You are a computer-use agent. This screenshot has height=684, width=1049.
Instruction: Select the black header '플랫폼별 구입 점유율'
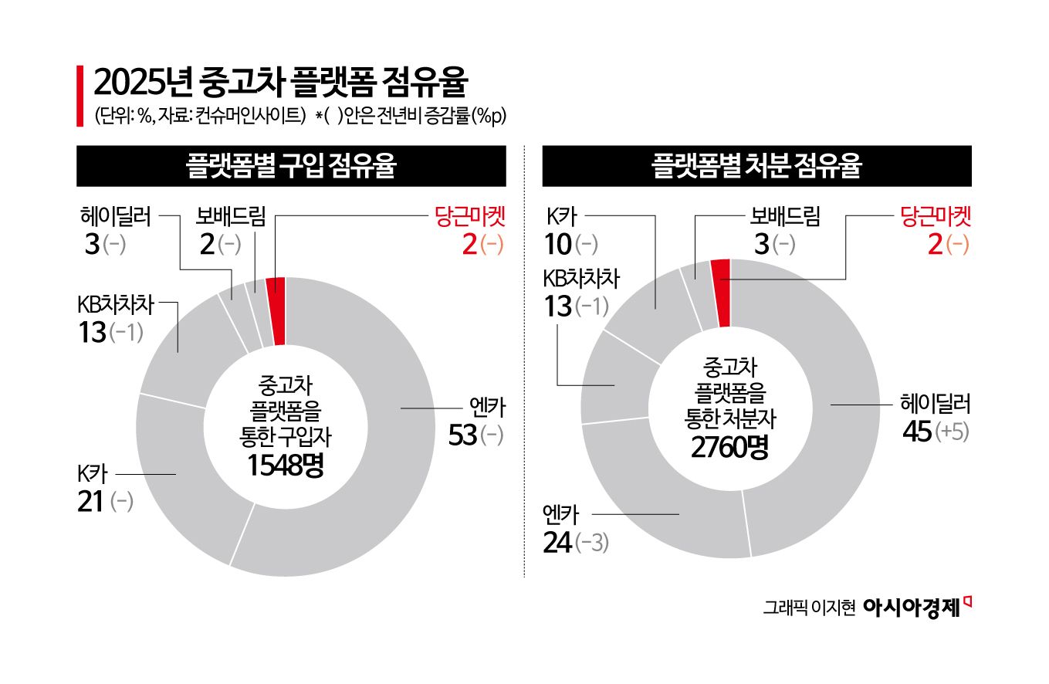coord(291,166)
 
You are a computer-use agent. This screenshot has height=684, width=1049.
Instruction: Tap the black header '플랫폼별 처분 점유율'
coord(756,166)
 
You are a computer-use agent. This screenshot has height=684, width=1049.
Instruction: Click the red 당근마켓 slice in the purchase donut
coord(276,310)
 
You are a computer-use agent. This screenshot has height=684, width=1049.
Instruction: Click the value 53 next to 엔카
coord(462,435)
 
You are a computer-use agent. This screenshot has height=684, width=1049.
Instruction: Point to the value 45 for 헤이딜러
coord(916,432)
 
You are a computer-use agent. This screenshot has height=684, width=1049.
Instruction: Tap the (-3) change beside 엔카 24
coord(592,543)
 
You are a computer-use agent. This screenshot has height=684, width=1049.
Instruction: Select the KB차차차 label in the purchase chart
coord(116,304)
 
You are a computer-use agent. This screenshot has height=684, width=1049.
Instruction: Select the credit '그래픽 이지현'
coord(810,608)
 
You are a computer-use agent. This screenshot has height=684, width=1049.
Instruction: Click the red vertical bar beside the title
coord(80,97)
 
